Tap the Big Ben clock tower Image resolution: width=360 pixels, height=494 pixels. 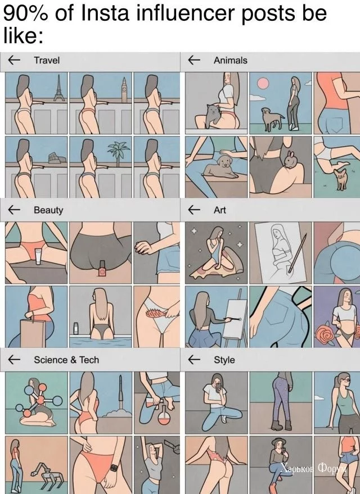pos(125,89)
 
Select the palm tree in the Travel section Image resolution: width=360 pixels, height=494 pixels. pos(118,153)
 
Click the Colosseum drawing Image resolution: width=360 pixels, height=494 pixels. pos(57,158)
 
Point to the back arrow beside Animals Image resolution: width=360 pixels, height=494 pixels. pos(194,60)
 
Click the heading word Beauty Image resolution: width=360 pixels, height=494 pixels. pos(48,210)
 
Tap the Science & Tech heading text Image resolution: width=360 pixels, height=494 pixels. pos(66,360)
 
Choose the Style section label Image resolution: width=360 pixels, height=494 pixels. pos(224,360)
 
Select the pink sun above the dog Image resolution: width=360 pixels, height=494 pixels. pos(263,84)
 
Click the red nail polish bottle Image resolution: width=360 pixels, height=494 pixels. pos(102,269)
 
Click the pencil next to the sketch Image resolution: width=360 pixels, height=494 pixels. pos(296,253)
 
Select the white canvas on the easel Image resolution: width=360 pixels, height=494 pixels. pos(237,319)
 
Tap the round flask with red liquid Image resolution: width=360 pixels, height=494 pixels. pos(164,416)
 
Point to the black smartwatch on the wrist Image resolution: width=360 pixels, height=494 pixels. pos(114,468)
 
